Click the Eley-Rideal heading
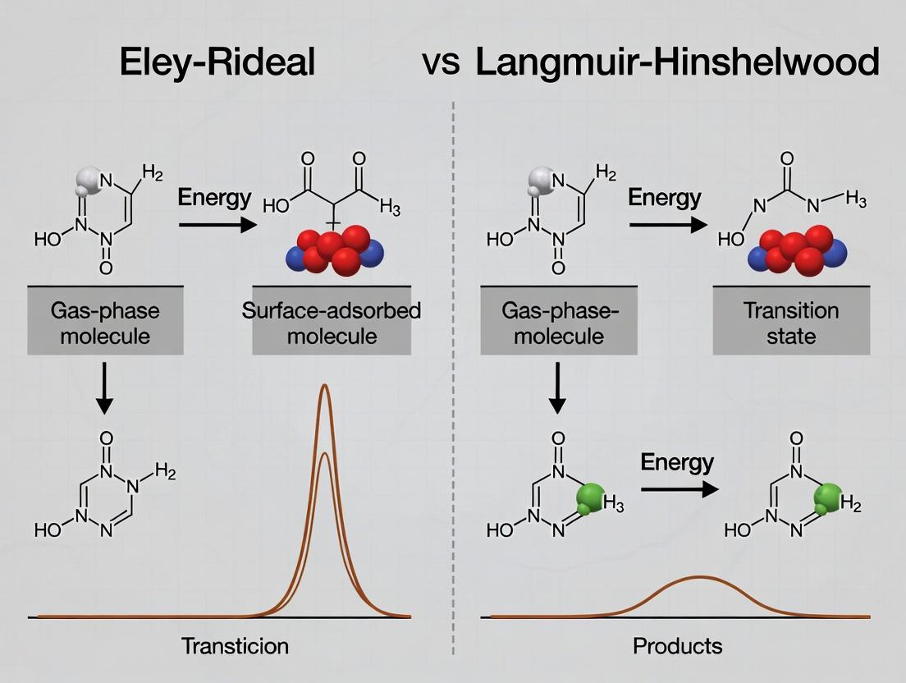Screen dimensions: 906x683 (217, 63)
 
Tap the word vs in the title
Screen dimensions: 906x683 (441, 63)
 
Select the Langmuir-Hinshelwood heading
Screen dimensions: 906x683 (677, 63)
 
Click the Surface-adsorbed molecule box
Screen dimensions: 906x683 (332, 323)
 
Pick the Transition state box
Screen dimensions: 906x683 (791, 323)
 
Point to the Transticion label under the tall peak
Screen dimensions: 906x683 (235, 646)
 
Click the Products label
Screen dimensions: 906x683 (678, 646)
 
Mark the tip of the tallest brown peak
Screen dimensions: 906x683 (325, 386)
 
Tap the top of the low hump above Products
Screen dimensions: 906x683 (699, 577)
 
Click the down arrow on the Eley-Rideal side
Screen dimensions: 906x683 (105, 388)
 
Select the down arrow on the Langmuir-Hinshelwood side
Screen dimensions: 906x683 (557, 388)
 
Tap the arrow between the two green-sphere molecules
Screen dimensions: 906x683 (679, 490)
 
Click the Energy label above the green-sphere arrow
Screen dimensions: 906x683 (677, 462)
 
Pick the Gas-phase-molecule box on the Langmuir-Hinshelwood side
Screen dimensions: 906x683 (557, 323)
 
